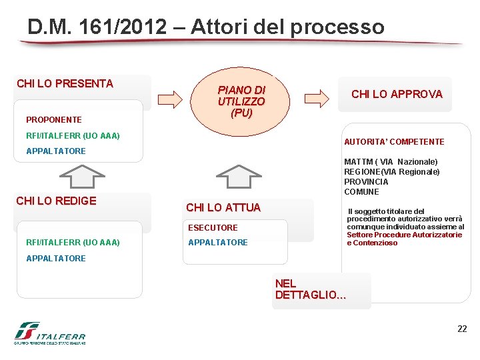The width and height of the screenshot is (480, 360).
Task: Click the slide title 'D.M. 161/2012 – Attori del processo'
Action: click(x=206, y=27)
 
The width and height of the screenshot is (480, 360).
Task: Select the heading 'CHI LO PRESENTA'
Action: click(x=65, y=83)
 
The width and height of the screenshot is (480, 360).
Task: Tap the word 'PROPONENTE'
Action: click(x=53, y=120)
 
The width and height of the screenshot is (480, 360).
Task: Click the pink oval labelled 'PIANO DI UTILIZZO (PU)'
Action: click(x=241, y=101)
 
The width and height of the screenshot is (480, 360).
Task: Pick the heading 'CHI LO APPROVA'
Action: click(x=397, y=94)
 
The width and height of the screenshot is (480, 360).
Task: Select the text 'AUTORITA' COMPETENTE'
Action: click(x=394, y=142)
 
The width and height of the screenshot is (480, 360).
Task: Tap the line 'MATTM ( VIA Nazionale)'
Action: click(x=391, y=162)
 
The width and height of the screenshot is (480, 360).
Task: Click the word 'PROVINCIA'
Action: click(x=366, y=182)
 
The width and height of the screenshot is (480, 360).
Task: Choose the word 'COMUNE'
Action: click(x=361, y=192)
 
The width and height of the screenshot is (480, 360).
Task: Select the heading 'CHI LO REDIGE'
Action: click(x=56, y=201)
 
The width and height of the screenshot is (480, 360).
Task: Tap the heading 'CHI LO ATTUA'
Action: click(x=223, y=207)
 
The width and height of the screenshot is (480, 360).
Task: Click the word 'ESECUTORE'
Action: click(x=213, y=228)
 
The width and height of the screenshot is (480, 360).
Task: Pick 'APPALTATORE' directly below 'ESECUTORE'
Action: click(x=218, y=243)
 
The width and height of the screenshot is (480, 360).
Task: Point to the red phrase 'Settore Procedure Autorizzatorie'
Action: click(x=404, y=235)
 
